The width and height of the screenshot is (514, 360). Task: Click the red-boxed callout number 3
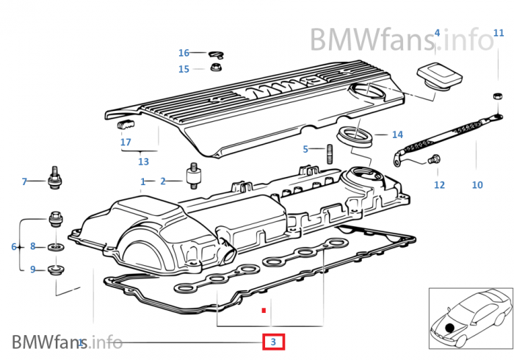coord(273,342)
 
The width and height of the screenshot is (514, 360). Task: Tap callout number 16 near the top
coord(184,53)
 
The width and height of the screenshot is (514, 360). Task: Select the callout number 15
coord(184,69)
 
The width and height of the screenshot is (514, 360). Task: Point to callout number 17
coord(126,142)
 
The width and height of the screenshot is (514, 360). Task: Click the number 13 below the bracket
coord(144,162)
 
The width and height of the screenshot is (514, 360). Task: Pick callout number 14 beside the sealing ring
coord(398,134)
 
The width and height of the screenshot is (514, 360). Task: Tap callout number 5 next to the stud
coord(305,149)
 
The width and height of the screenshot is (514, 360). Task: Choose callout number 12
coord(440,185)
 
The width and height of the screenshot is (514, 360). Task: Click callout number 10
coord(477,185)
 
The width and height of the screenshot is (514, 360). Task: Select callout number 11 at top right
coord(499,33)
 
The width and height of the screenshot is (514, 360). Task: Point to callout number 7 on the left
coord(24,181)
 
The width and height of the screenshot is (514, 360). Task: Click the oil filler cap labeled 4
coord(440,77)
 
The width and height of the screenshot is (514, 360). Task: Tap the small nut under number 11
coord(498,96)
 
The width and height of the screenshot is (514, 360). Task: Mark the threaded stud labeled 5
coord(330,154)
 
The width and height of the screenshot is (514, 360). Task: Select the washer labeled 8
coord(56,247)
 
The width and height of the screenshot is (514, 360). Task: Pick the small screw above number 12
coord(434,159)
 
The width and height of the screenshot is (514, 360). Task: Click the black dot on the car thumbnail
coord(449,327)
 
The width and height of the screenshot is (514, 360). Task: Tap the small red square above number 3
coord(264,310)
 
